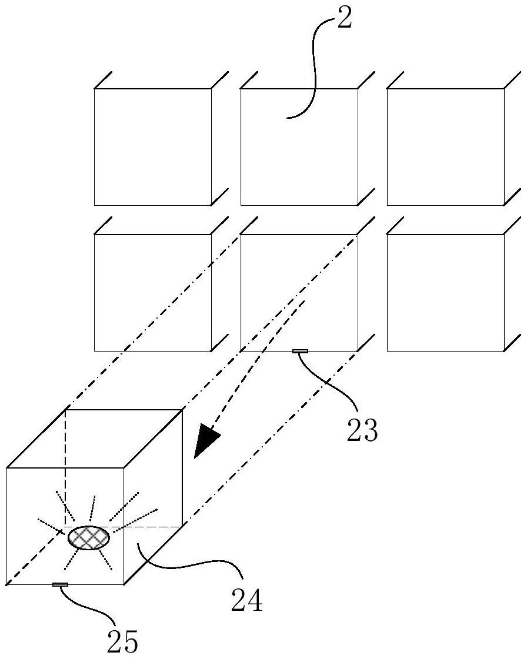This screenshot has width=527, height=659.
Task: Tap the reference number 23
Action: tap(361, 430)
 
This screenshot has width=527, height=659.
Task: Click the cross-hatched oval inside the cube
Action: tap(89, 538)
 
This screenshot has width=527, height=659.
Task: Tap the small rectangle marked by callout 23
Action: tap(300, 352)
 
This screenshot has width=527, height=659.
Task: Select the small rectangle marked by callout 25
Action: tap(60, 584)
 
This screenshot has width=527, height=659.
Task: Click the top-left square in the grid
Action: tap(152, 147)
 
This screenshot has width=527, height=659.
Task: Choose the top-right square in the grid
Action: tap(445, 147)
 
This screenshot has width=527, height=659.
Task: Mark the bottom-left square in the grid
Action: tap(152, 292)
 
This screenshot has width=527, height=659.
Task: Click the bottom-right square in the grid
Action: tap(445, 292)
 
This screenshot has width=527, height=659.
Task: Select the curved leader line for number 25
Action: tap(88, 606)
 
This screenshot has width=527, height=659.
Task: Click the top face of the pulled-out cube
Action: tap(94, 439)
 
